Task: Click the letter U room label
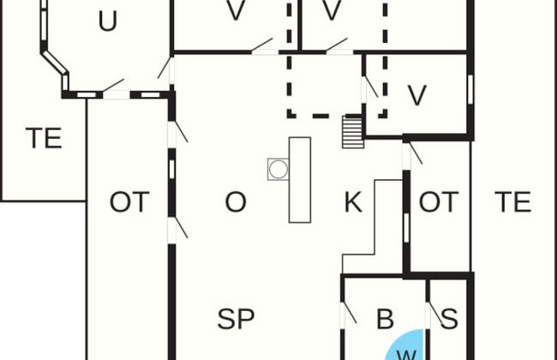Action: point(108,21)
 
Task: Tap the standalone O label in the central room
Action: point(236,201)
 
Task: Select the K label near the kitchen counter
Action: point(353,201)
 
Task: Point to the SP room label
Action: point(236,319)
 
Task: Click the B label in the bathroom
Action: point(385,319)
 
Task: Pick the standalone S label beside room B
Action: point(449,319)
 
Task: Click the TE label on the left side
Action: point(44,138)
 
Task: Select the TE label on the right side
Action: point(513,201)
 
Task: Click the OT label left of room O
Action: point(129,201)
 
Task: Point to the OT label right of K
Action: point(439,201)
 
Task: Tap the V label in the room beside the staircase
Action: point(417,95)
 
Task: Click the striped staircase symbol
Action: point(353,131)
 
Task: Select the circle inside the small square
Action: point(278,169)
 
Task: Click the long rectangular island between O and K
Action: point(300,180)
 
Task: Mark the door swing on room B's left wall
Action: point(349,313)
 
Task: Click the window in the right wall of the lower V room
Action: point(470,89)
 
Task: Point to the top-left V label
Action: point(236,10)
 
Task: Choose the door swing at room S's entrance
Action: point(434,315)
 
